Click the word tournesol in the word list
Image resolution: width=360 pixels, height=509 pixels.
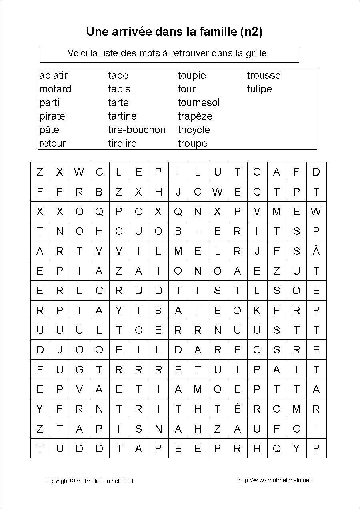coord(199,103)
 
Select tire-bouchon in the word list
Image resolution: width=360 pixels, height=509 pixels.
coord(136,130)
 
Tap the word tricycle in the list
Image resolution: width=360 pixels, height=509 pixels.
coord(194,130)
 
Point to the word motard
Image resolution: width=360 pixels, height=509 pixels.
coord(55,89)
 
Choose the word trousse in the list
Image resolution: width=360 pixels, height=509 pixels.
coord(264,76)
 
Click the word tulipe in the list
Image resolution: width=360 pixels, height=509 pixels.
coord(259,89)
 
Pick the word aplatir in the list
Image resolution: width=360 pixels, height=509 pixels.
coord(54,76)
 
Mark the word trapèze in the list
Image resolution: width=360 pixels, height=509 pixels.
coord(195,116)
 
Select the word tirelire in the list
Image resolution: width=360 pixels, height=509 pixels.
coord(122,143)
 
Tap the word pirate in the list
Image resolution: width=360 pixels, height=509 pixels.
coord(52,116)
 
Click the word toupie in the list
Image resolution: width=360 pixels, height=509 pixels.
coord(192,76)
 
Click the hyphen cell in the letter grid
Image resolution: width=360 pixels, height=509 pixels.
coord(198,231)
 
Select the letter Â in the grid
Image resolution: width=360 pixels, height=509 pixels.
coord(316,251)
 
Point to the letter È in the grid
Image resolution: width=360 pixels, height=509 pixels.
coord(237,409)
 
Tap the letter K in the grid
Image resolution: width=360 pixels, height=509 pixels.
coord(257,310)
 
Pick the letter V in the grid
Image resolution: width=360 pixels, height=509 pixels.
coord(79,389)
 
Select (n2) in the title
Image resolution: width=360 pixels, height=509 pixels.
coord(252,32)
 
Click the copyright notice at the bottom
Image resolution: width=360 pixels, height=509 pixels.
coord(89,481)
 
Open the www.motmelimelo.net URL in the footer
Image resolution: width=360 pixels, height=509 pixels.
coord(274,480)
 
